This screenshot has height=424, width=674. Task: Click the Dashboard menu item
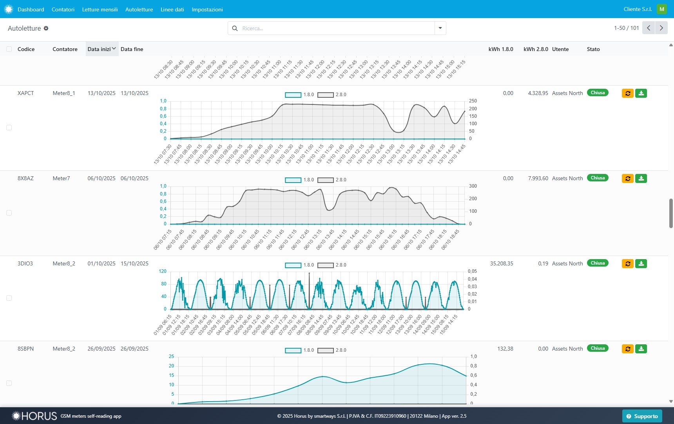(x=31, y=9)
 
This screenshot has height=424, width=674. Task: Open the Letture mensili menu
(x=100, y=9)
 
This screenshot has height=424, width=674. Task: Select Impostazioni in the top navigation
(x=207, y=9)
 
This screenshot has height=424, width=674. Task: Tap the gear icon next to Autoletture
(x=46, y=28)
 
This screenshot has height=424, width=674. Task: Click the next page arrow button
(x=661, y=28)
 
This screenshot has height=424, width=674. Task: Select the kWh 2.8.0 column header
(x=536, y=49)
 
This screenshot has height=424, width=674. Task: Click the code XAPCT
(x=26, y=93)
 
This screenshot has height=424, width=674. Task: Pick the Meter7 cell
(x=61, y=178)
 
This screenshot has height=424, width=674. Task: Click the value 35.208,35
(x=501, y=263)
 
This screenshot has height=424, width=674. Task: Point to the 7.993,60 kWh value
(x=538, y=178)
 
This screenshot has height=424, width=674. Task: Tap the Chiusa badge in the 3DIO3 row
(x=597, y=263)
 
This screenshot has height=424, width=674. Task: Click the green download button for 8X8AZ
(x=641, y=178)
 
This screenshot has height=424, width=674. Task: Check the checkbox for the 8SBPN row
(x=9, y=383)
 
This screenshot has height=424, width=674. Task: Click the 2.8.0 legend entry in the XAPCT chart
(x=332, y=95)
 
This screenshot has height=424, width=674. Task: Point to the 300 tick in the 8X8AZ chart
(x=473, y=186)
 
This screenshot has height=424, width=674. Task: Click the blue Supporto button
(x=642, y=416)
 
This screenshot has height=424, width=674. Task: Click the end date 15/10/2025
(x=134, y=263)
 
